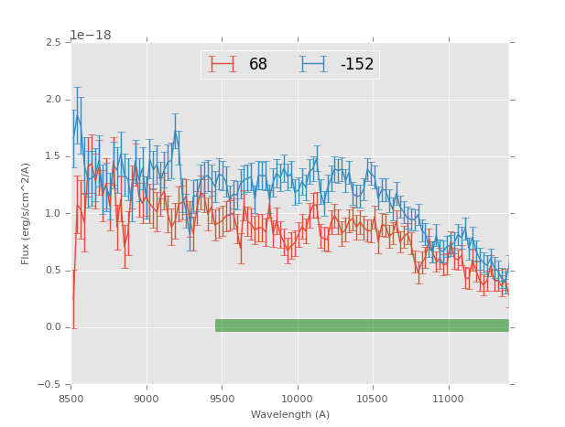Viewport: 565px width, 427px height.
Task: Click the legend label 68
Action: pos(258,65)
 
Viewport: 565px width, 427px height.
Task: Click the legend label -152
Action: pos(357,65)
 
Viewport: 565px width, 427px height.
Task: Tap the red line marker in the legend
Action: pos(223,64)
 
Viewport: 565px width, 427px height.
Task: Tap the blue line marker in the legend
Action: pos(313,64)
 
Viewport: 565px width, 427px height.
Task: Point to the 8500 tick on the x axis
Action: pos(71,400)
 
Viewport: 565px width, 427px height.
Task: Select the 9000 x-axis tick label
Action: pos(147,400)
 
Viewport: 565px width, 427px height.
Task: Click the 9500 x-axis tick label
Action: pos(222,400)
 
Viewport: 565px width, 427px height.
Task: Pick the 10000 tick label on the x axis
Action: pos(298,400)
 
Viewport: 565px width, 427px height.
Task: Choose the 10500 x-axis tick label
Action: pos(373,400)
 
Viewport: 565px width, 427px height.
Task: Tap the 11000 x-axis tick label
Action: pos(449,400)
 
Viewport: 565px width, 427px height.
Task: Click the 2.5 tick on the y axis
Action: pos(53,43)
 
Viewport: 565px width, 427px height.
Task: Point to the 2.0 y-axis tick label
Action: pos(53,100)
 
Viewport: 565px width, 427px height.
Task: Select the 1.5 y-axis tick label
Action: pos(53,156)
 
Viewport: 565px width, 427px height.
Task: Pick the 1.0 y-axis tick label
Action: pos(53,214)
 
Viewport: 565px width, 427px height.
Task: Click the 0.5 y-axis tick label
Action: pos(53,271)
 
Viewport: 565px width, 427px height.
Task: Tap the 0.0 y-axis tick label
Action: pos(53,327)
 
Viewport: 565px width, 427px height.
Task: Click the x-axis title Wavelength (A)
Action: pos(290,415)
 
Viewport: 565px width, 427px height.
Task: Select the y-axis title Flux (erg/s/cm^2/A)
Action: pos(26,214)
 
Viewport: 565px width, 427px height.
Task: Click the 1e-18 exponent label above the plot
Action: pos(91,36)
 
